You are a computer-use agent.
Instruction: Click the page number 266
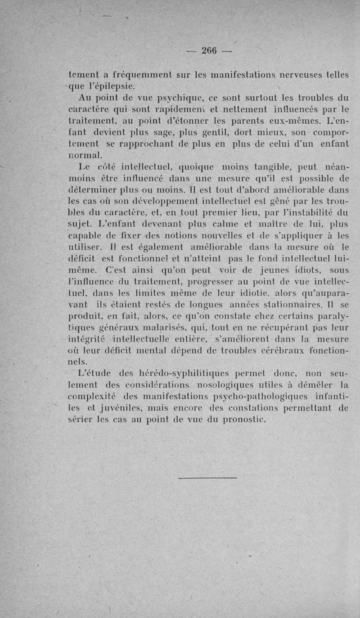point(209,50)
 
